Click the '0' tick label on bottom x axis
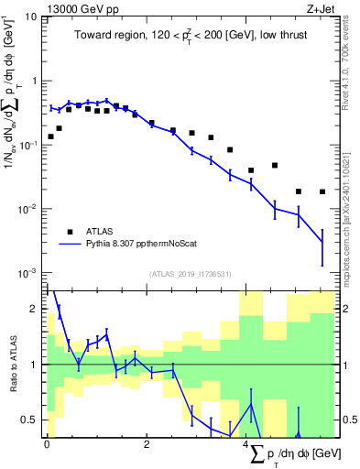(47, 444)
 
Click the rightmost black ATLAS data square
(322, 191)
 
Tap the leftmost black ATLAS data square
(51, 136)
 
